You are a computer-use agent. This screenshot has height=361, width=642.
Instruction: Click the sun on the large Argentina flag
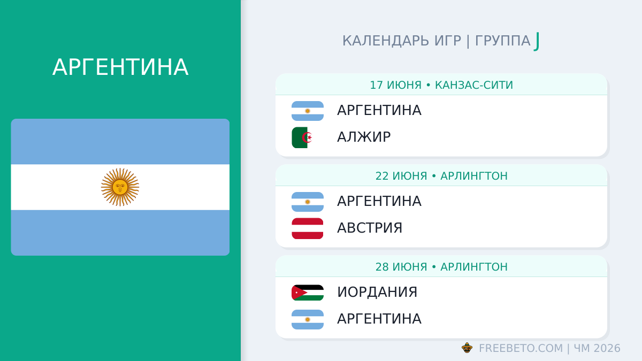point(120,187)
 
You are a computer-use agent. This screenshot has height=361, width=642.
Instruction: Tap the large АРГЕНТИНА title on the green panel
point(120,67)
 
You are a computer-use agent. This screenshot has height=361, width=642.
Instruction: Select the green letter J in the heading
point(537,41)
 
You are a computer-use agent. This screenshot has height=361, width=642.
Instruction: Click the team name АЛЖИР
point(364,137)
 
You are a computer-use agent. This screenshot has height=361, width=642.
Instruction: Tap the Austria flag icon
point(308,228)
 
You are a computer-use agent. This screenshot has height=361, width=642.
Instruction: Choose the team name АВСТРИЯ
point(370,228)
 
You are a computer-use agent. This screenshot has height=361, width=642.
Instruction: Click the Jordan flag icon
point(308,293)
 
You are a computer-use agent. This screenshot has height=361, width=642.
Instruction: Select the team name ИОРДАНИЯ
point(377,292)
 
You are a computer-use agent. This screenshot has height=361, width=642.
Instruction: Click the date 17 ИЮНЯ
point(395,85)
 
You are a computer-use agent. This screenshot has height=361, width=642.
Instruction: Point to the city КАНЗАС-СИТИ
point(474,85)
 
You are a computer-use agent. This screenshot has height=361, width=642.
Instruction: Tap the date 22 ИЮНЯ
point(401,176)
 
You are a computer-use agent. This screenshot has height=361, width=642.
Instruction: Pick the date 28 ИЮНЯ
point(401,267)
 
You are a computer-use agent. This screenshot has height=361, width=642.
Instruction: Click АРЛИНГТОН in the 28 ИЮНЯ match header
point(474,267)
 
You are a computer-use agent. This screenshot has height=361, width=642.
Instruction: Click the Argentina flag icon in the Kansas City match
point(308,111)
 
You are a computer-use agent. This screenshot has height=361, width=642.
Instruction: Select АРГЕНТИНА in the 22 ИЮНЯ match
point(379,201)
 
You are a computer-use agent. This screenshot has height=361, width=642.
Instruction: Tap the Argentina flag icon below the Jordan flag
point(308,319)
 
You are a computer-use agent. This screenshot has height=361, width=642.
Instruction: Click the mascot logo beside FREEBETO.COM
point(467,348)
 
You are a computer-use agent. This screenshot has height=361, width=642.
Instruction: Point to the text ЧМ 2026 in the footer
point(597,348)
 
